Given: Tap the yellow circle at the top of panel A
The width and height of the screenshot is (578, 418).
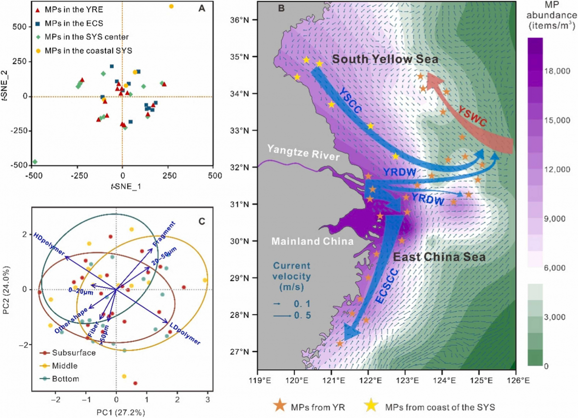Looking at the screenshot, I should point(171,6).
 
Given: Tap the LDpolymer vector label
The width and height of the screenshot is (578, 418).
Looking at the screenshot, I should point(185,333).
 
